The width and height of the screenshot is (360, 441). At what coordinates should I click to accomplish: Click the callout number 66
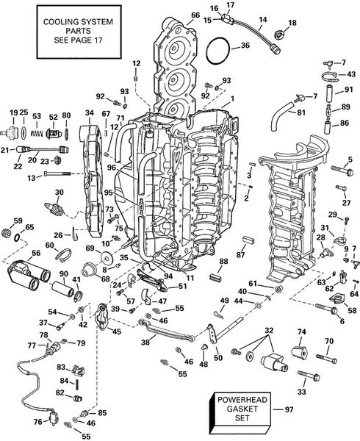[x=195, y=15]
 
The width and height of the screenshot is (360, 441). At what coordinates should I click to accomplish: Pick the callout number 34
[x=90, y=112]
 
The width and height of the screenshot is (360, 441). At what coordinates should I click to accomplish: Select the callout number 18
[x=293, y=24]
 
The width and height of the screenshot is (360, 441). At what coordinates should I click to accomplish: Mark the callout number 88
[x=223, y=262]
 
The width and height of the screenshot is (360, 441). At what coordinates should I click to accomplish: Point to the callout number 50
[x=217, y=358]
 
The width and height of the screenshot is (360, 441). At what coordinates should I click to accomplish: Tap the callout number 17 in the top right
[x=230, y=5]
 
